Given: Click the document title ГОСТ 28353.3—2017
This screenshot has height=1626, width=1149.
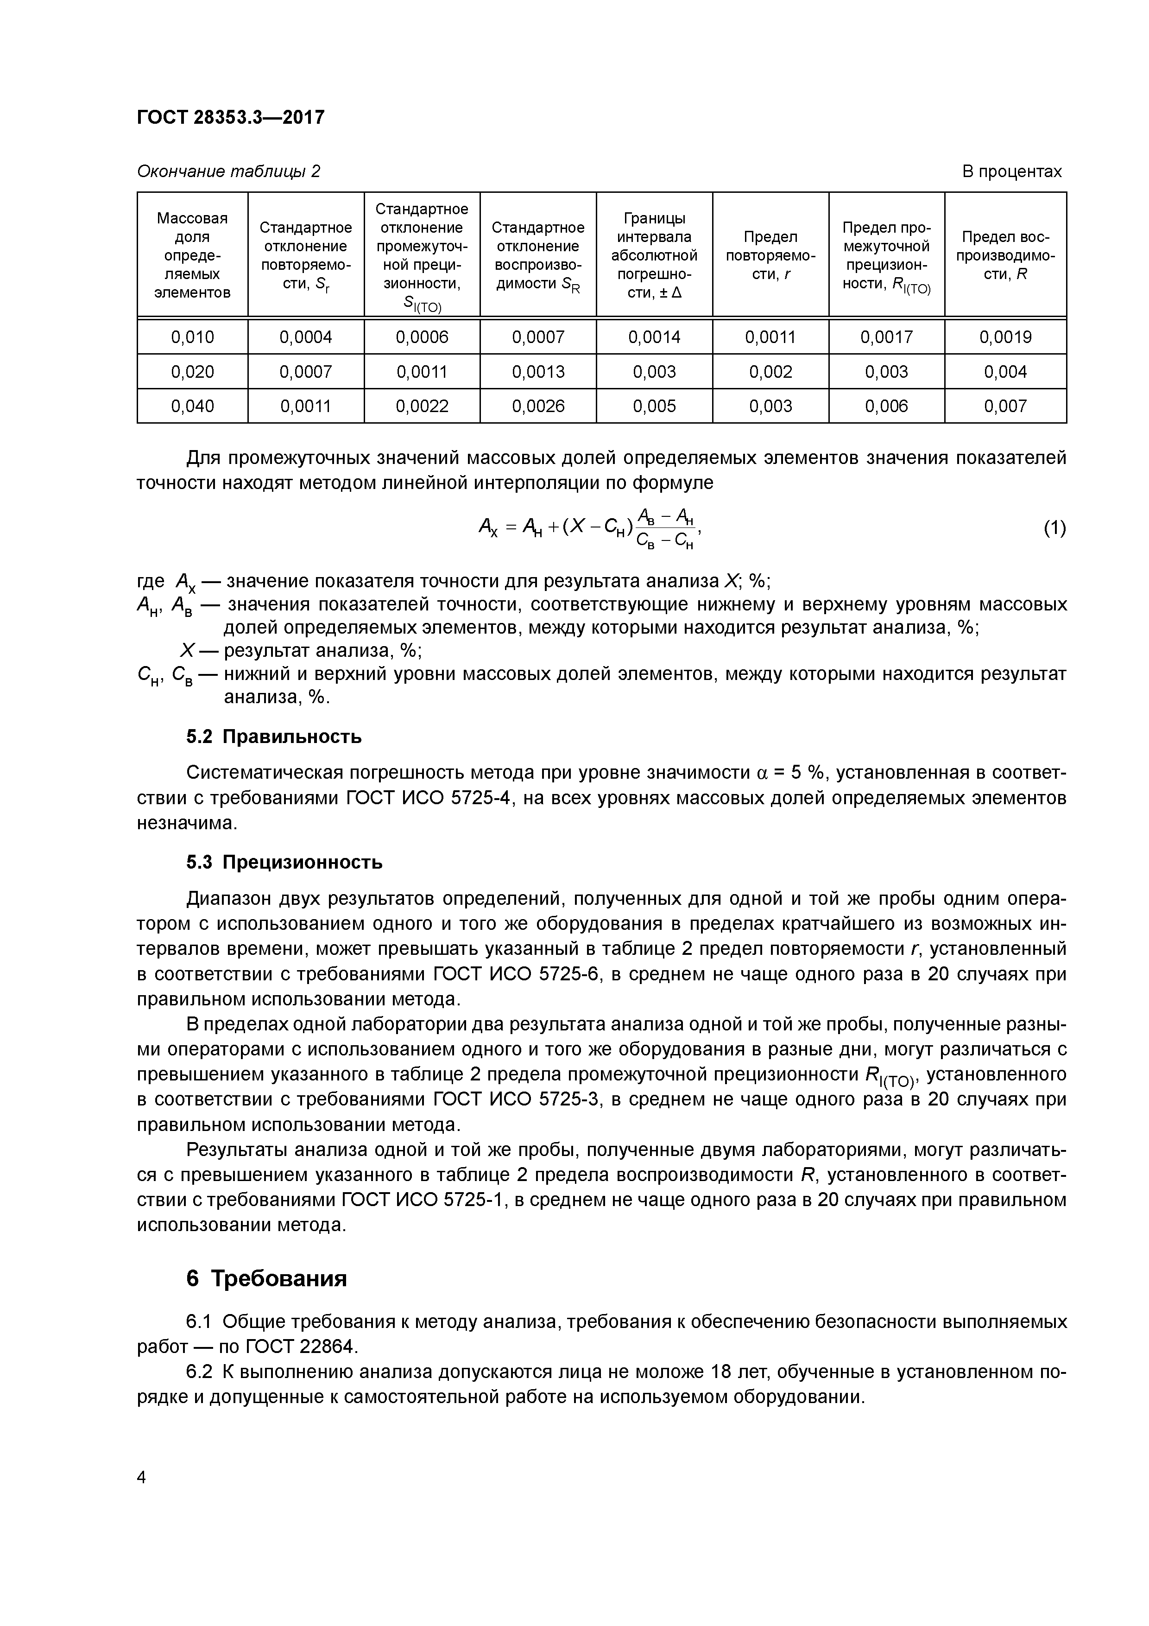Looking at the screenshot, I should coord(230,117).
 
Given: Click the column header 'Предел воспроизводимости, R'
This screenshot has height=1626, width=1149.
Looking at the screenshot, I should coord(1005,255).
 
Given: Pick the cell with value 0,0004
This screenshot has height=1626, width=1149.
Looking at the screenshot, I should coord(306,337).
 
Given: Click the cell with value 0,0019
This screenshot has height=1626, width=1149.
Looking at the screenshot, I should coord(1005,337).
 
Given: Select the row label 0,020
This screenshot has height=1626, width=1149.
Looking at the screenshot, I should coord(193,372).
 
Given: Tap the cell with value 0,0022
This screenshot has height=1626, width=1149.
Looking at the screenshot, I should coord(422,406).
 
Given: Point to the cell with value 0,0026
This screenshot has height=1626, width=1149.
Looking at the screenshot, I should coord(538,406).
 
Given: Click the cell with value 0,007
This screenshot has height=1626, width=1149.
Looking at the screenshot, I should coord(1005,406).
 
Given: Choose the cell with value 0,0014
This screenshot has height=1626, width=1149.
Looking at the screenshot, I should coord(654,337).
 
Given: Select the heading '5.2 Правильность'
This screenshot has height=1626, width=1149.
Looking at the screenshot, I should coord(273,737).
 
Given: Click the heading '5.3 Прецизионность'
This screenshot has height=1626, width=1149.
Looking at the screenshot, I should coord(284,862).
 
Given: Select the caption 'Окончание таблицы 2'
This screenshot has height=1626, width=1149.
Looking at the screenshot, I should coord(228,171).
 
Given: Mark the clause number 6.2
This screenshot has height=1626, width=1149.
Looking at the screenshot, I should coord(198,1372).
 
